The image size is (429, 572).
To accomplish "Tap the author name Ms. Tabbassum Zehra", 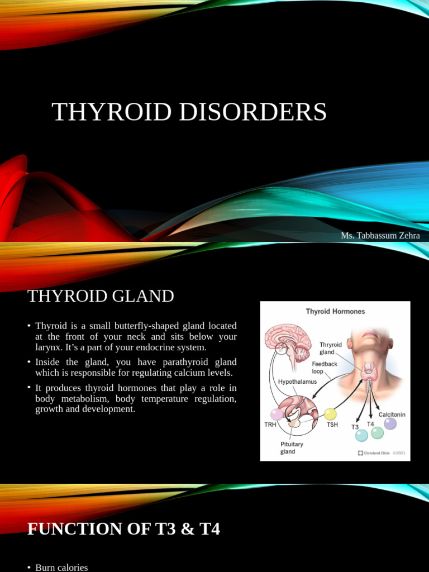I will click(x=380, y=236).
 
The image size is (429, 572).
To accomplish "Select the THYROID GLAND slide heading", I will click(x=101, y=296).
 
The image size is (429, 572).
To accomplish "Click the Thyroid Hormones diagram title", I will click(x=335, y=311).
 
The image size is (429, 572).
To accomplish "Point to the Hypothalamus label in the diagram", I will click(x=297, y=382).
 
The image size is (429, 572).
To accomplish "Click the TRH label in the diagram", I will click(x=270, y=425).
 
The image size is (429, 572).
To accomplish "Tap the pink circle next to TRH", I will click(x=277, y=414).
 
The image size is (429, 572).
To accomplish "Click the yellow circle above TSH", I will click(x=330, y=414).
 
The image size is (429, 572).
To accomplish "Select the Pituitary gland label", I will click(x=292, y=448).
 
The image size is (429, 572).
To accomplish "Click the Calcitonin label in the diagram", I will click(x=392, y=414).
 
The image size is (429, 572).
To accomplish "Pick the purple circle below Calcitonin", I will click(x=390, y=424).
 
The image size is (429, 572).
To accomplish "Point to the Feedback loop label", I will click(x=325, y=367).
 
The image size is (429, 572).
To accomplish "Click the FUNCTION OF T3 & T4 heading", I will click(x=123, y=528).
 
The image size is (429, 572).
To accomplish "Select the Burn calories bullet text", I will click(x=61, y=568).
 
